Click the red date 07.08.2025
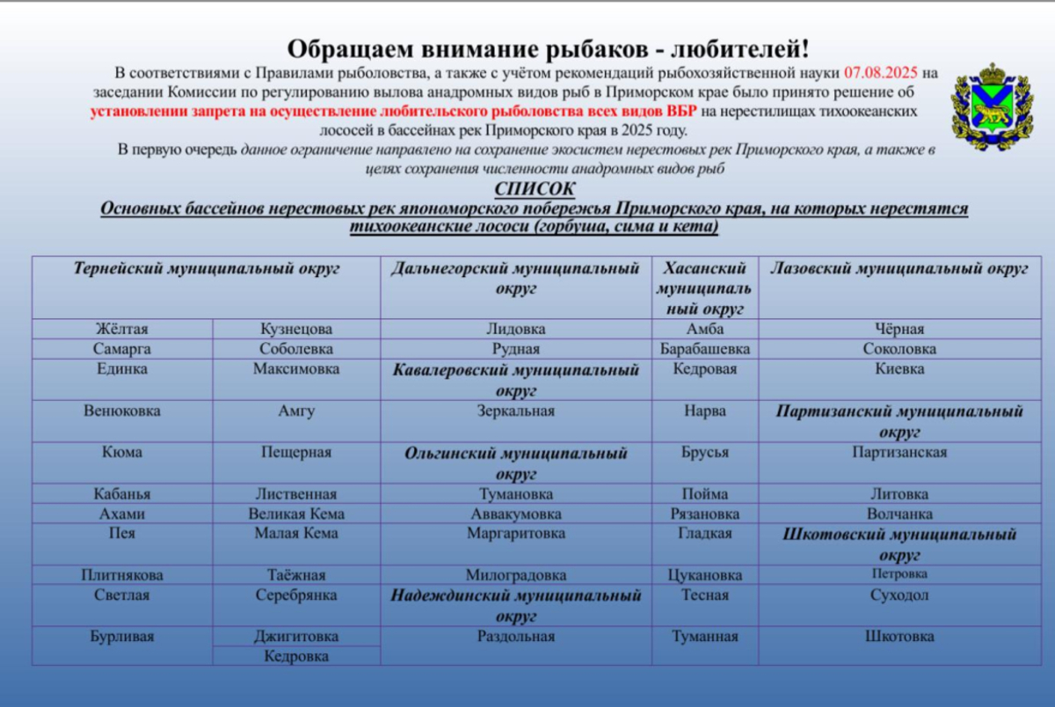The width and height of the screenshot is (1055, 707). (882, 72)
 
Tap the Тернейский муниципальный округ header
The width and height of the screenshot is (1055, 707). (207, 269)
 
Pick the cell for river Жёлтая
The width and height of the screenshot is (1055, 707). (122, 329)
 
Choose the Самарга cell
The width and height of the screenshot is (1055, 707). (122, 349)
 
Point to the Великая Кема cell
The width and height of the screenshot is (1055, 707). (296, 514)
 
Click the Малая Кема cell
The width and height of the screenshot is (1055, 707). (296, 534)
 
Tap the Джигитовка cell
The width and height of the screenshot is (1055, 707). (296, 636)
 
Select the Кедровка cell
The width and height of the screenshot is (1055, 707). (296, 656)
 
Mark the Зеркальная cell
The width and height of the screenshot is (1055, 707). (516, 411)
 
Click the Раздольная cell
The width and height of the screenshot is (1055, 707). (516, 636)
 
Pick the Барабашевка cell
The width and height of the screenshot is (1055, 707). (705, 349)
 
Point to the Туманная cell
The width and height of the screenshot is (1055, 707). (705, 636)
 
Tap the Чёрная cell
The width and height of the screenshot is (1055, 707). (899, 329)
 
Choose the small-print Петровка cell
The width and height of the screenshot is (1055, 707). (899, 574)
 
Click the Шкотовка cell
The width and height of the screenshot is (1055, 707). (899, 636)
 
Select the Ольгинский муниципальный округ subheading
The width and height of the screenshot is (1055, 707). (516, 463)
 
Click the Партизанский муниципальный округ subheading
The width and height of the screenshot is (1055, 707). (899, 421)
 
